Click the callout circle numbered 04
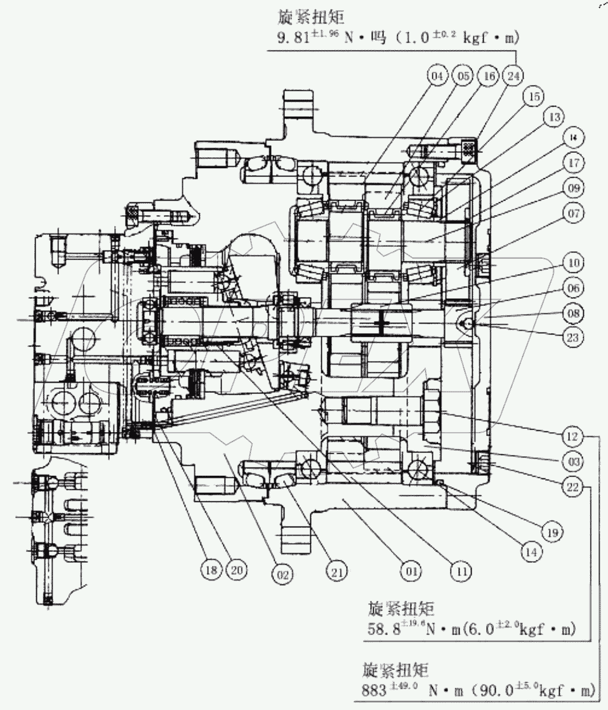pyautogui.click(x=437, y=77)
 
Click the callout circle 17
pyautogui.click(x=574, y=162)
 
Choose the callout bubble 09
pyautogui.click(x=574, y=188)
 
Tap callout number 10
pyautogui.click(x=574, y=261)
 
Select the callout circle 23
pyautogui.click(x=574, y=338)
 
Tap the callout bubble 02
pyautogui.click(x=282, y=575)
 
